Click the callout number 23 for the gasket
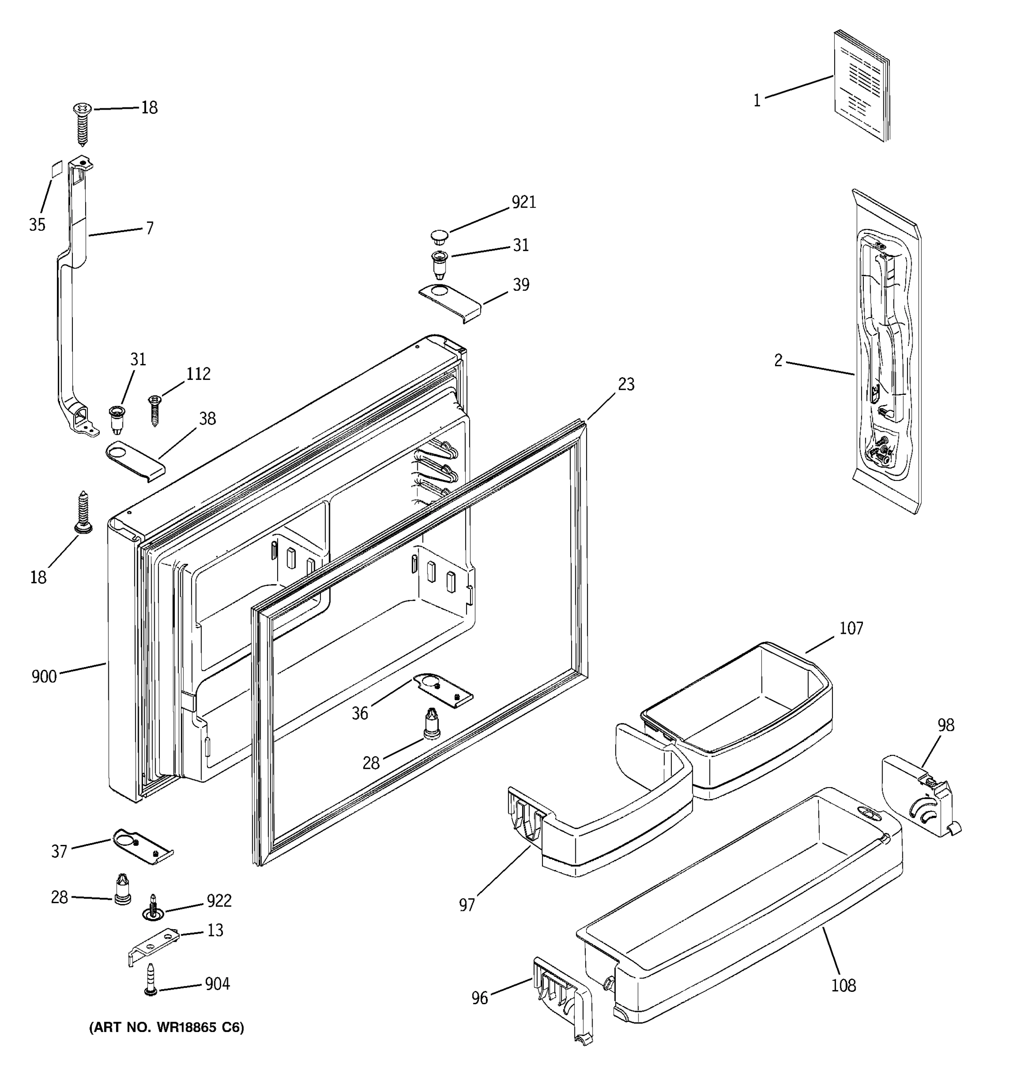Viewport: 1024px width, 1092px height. (626, 384)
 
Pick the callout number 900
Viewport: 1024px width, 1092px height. (44, 676)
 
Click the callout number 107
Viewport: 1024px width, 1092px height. (851, 628)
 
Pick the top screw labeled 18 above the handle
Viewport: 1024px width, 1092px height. (82, 122)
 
